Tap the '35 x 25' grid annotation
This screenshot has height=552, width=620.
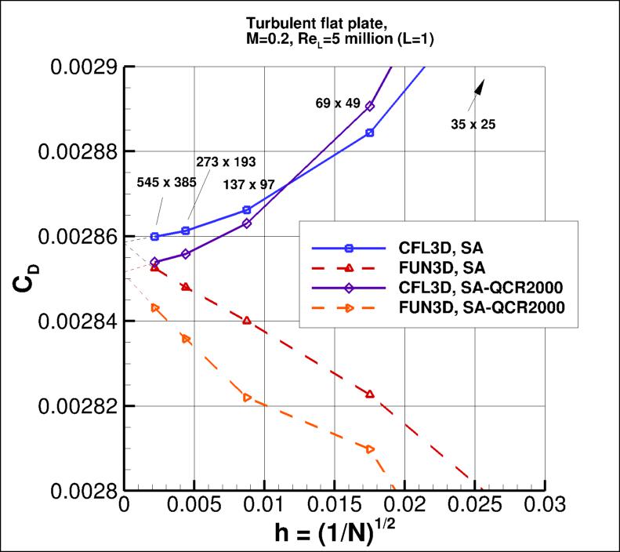473,123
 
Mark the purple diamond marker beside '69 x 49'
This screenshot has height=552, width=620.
370,106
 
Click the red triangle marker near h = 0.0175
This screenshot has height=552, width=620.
370,394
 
